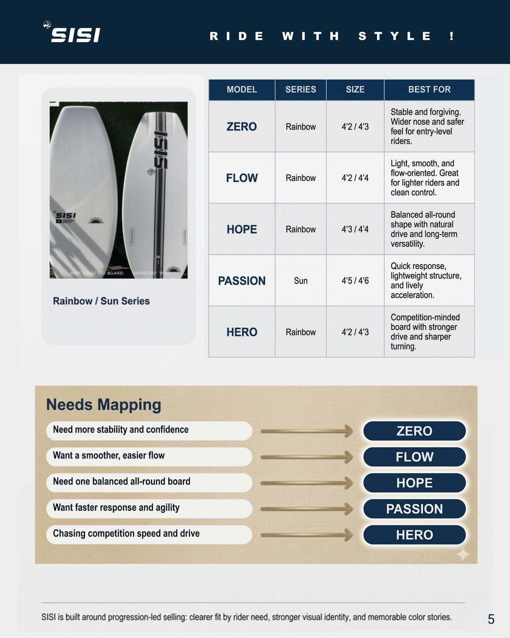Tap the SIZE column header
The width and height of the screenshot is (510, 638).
tap(355, 90)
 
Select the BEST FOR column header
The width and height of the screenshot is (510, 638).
tap(429, 90)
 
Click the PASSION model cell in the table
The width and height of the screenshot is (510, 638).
tap(241, 281)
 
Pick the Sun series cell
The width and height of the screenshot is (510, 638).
tap(300, 281)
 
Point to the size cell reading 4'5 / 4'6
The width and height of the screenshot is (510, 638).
tap(355, 281)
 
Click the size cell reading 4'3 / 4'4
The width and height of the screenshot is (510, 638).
tap(355, 229)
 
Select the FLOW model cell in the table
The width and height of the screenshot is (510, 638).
tap(241, 178)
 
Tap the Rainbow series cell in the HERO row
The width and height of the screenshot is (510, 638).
tap(300, 332)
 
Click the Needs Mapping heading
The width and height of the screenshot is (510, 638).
tap(103, 404)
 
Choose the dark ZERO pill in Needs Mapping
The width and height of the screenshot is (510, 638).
tap(414, 431)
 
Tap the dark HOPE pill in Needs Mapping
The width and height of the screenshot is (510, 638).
tap(414, 483)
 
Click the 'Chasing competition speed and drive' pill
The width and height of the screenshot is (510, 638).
tap(149, 534)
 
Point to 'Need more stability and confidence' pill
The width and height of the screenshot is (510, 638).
tap(149, 430)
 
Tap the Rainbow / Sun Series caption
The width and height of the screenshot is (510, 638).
tap(101, 301)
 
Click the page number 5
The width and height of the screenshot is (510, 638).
tap(491, 619)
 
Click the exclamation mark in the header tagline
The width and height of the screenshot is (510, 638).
tap(451, 36)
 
